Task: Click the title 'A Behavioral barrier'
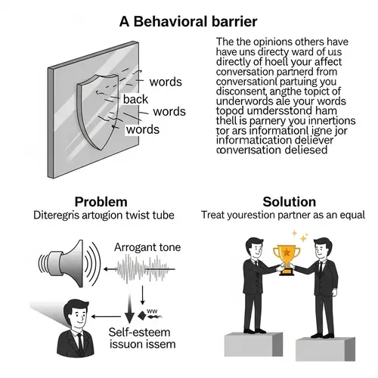coord(188,21)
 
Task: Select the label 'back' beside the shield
coord(135,99)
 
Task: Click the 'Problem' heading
coord(101,201)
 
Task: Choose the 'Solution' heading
coord(288,201)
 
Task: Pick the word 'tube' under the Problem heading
coord(163,215)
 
